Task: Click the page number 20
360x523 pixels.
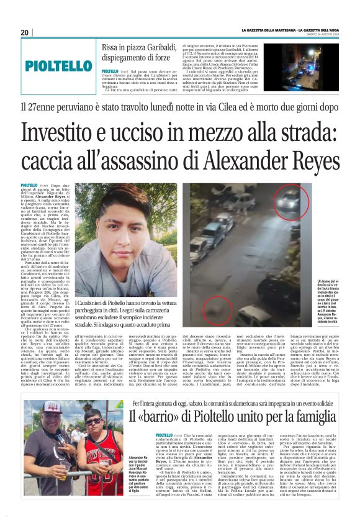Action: pyautogui.click(x=25, y=32)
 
